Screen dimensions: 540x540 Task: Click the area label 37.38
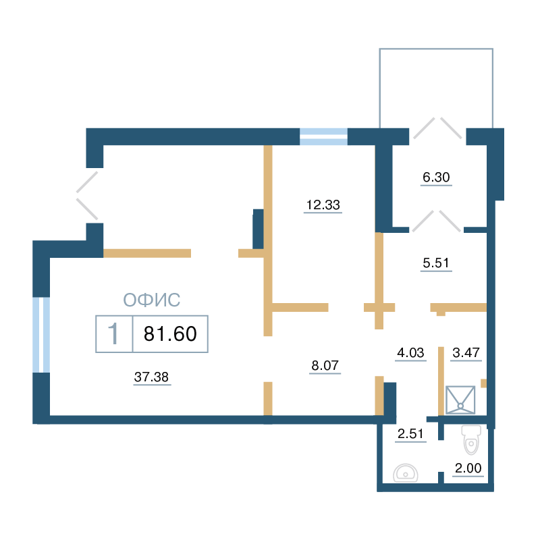pos(151,377)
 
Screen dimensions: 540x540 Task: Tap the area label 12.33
pos(323,205)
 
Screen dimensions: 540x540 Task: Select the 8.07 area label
pos(325,365)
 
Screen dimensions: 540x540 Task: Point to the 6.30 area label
pos(436,177)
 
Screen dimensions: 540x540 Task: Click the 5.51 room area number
pos(436,263)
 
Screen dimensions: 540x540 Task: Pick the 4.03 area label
pos(410,352)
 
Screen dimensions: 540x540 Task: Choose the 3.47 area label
pos(466,352)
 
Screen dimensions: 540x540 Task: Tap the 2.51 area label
pos(410,433)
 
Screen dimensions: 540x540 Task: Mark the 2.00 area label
pos(468,468)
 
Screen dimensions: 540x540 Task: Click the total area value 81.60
pos(170,333)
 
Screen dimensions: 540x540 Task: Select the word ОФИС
pos(151,300)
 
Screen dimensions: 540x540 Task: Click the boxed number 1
pos(113,333)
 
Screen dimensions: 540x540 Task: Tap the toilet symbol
pos(470,440)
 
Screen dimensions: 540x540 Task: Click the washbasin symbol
pos(406,473)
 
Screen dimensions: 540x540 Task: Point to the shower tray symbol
pos(460,400)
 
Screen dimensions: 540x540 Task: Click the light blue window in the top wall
pos(323,136)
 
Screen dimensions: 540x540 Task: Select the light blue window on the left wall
pos(41,335)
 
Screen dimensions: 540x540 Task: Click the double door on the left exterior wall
pos(88,195)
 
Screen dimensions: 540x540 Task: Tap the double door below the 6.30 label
pos(436,221)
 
